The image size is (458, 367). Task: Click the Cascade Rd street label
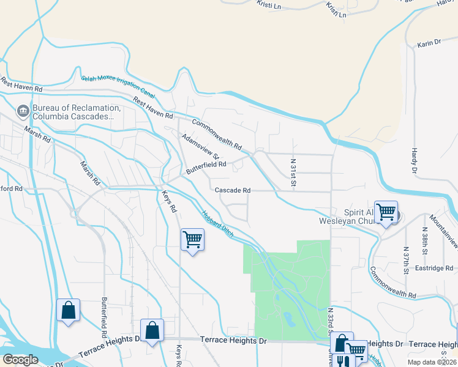click(233, 190)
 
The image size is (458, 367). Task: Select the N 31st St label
click(293, 171)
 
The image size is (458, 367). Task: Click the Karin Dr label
click(429, 43)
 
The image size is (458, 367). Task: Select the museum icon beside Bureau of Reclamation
click(23, 111)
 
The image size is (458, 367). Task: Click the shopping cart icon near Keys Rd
click(192, 239)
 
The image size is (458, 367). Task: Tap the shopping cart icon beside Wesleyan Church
click(386, 212)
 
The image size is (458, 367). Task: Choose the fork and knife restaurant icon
click(341, 361)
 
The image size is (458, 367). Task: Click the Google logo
click(20, 360)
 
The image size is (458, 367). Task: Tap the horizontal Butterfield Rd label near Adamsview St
click(206, 164)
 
